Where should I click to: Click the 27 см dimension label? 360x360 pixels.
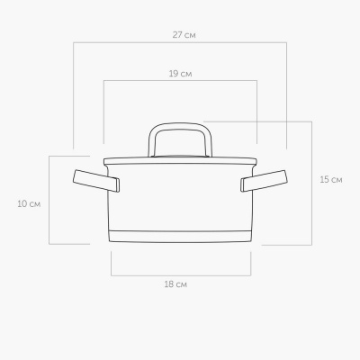click(x=184, y=35)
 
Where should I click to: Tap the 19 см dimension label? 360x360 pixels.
click(x=180, y=74)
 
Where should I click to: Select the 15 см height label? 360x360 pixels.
click(x=331, y=180)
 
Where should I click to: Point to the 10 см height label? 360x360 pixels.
click(x=29, y=204)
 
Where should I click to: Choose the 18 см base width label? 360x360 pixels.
click(x=175, y=284)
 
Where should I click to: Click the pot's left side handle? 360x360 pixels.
click(x=96, y=181)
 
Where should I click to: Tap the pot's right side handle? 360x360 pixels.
click(x=264, y=181)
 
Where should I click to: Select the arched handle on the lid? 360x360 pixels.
click(x=180, y=124)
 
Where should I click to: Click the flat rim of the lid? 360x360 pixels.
click(x=180, y=161)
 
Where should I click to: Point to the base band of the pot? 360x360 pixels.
click(x=180, y=237)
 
